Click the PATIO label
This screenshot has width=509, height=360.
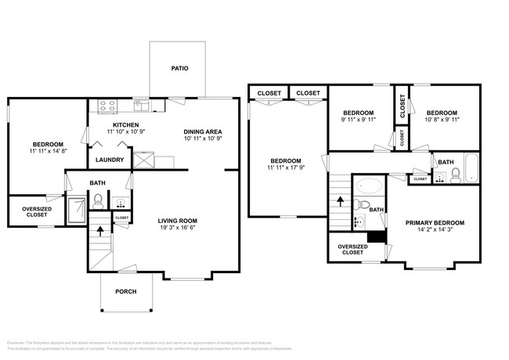coord(179,68)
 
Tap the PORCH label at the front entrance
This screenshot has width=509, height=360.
coord(125,292)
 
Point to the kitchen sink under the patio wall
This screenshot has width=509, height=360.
coord(141,103)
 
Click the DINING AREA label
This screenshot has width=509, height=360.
coord(203,131)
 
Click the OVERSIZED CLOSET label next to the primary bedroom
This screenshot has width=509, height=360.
coord(352,250)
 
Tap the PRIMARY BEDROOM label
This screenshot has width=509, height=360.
coord(435,223)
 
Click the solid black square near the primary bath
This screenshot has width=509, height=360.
coord(377,236)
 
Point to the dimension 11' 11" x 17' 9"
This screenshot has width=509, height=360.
coord(286,168)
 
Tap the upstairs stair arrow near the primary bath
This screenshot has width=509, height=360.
coord(341,200)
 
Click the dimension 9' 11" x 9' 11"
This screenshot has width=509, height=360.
coord(358,120)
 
